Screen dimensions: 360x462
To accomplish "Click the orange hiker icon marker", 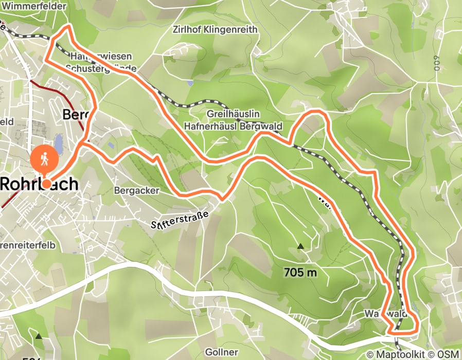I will pyautogui.click(x=45, y=160).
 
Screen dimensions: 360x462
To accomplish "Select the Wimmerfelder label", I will pyautogui.click(x=34, y=7).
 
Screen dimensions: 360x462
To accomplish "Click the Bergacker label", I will pyautogui.click(x=136, y=190).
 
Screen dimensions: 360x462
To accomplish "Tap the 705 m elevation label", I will pyautogui.click(x=300, y=273).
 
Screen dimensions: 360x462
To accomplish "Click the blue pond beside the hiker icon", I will pyautogui.click(x=59, y=145).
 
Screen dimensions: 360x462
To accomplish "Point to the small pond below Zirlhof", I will pyautogui.click(x=190, y=82).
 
